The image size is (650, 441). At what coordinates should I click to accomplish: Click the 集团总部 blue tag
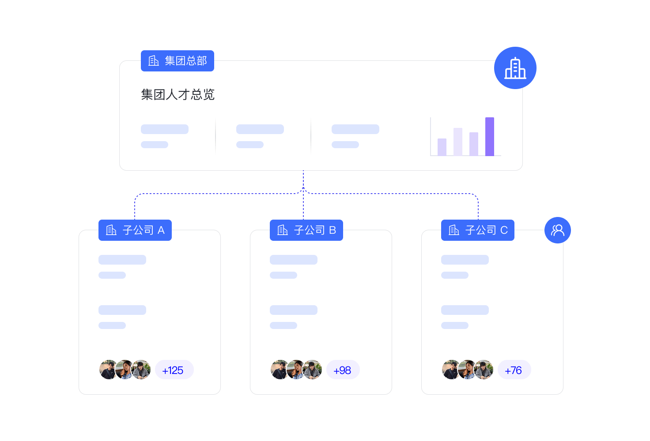coord(178,61)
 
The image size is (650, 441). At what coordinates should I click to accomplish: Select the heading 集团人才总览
coord(178,94)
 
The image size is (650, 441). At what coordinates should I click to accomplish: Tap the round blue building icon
coord(515,68)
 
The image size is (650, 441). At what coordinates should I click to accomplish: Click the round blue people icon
coord(557,230)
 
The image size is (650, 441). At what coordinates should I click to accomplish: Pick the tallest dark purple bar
coord(490,136)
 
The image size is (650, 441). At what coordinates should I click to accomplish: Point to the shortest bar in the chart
coord(442,147)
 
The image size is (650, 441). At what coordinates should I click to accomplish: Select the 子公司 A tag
coord(135,230)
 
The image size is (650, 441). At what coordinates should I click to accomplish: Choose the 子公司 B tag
coord(306,230)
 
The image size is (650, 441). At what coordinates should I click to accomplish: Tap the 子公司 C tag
coord(478,230)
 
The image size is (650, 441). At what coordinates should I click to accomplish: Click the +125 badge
coord(174,370)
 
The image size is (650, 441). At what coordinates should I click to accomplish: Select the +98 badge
coord(343,370)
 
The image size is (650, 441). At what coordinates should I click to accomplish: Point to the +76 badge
coord(514,370)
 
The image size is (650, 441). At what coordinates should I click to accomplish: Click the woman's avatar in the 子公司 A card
coord(125,370)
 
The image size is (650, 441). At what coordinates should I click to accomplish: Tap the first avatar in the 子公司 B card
coord(280,370)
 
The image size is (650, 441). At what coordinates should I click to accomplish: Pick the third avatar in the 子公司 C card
coord(484,370)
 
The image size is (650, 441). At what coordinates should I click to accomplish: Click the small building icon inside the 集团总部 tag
coord(154,61)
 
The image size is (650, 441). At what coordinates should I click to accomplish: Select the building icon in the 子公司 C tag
coord(454,230)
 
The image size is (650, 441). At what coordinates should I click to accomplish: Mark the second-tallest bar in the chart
coord(458,142)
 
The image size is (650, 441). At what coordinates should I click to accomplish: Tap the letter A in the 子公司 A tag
coord(161,230)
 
